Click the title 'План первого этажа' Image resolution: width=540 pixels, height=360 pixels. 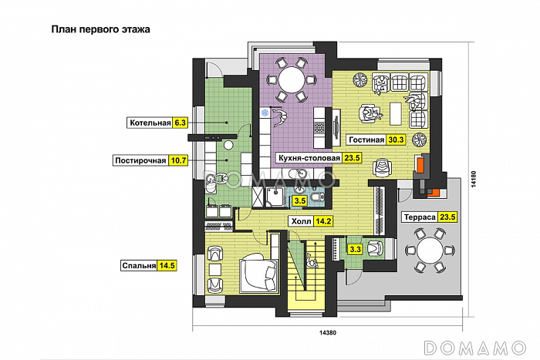click(100, 29)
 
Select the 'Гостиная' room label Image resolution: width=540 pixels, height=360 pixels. click(366, 140)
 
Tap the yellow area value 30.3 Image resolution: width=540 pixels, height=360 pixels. click(396, 140)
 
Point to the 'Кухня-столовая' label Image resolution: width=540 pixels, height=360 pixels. click(309, 158)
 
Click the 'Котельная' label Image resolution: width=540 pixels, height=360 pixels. click(150, 123)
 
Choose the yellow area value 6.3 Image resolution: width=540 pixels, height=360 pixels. click(180, 123)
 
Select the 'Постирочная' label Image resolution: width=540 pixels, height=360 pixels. click(140, 160)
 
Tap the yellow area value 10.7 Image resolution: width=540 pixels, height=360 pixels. click(178, 160)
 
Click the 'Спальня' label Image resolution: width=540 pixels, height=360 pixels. click(139, 266)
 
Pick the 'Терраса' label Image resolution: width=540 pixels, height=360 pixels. click(420, 217)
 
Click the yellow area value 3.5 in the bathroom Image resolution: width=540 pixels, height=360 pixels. click(299, 200)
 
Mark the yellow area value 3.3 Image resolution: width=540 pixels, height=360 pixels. click(355, 249)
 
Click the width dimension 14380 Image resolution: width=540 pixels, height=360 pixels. click(328, 333)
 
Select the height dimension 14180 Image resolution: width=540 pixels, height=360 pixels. click(474, 180)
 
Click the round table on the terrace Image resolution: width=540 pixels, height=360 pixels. click(430, 251)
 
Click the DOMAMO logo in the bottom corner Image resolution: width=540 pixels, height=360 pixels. click(475, 348)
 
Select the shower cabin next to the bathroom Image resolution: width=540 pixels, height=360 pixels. click(275, 198)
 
